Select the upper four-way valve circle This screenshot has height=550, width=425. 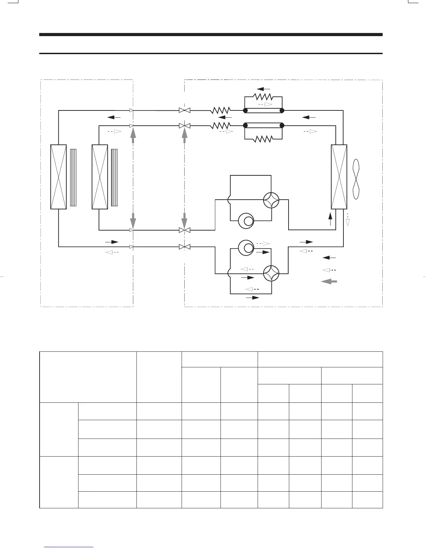pos(271,200)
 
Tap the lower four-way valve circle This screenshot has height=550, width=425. pos(271,273)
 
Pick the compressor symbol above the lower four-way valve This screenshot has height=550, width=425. pos(246,248)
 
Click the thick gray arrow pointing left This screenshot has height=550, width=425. pos(329,282)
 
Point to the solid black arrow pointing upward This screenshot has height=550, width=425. pos(330,219)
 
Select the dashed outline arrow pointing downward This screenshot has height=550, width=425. pos(348,220)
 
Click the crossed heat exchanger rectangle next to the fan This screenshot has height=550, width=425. pos(339,177)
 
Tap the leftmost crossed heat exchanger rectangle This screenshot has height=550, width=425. pos(58,177)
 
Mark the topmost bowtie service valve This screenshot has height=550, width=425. pos(184,110)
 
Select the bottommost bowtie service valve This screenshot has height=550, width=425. pos(184,247)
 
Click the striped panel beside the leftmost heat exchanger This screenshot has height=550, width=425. pos(73,177)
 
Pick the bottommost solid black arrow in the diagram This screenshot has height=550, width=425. pos(253,298)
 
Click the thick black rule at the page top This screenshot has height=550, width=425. pos(211,35)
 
